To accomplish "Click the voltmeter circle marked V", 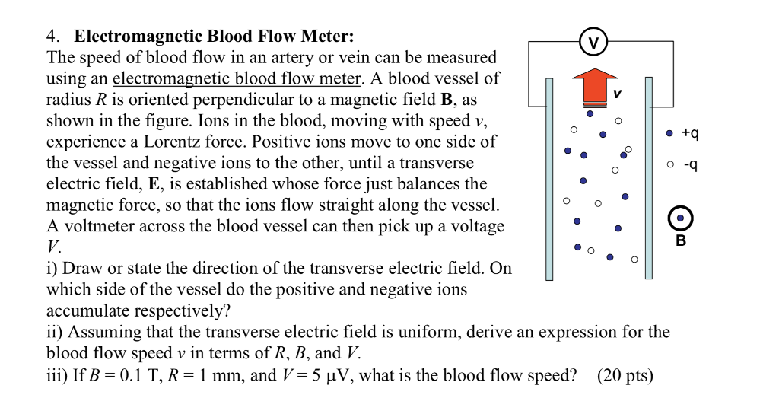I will [x=594, y=41].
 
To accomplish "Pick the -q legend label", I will [x=690, y=164].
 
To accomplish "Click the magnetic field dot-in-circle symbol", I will [x=680, y=218].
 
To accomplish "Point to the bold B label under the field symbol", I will [x=681, y=241].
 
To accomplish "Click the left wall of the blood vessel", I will [x=549, y=179].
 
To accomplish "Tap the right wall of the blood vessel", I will [x=649, y=179].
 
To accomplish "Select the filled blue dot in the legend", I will [x=669, y=134].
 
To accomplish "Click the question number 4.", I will [x=51, y=36].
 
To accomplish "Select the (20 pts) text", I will [x=625, y=374].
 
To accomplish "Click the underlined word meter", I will [x=340, y=78].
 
